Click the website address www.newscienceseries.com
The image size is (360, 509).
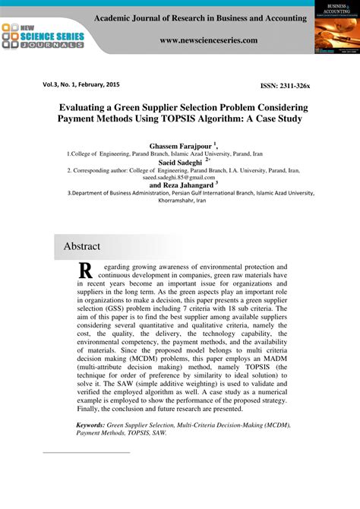[x=208, y=40]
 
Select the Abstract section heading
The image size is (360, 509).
[x=81, y=246]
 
